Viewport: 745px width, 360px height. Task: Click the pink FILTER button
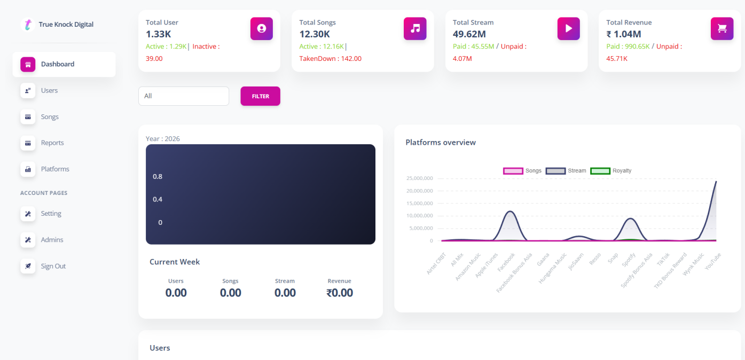pyautogui.click(x=260, y=96)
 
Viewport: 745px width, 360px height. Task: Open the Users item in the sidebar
pyautogui.click(x=49, y=90)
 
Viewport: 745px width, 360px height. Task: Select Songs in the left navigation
pyautogui.click(x=50, y=116)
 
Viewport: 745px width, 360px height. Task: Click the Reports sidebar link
pyautogui.click(x=52, y=143)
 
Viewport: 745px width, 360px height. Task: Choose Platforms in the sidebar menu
pyautogui.click(x=55, y=169)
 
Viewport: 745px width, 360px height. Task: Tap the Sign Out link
pyautogui.click(x=53, y=266)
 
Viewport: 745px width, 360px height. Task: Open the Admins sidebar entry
pyautogui.click(x=52, y=240)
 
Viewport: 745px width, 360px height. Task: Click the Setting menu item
pyautogui.click(x=51, y=213)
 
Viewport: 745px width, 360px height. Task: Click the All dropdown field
pyautogui.click(x=183, y=96)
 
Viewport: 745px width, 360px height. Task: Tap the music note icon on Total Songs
pyautogui.click(x=415, y=28)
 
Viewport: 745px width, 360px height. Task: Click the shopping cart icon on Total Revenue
pyautogui.click(x=722, y=28)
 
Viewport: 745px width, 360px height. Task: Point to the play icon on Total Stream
pyautogui.click(x=569, y=28)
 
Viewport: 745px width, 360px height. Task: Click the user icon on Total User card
pyautogui.click(x=262, y=28)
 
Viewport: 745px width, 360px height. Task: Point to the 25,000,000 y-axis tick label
pyautogui.click(x=419, y=178)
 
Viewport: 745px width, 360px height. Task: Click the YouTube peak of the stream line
pyautogui.click(x=716, y=182)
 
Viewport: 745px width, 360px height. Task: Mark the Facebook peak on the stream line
pyautogui.click(x=511, y=212)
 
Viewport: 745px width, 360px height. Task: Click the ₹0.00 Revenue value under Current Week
pyautogui.click(x=340, y=293)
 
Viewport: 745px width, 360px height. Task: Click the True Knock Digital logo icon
pyautogui.click(x=28, y=25)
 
